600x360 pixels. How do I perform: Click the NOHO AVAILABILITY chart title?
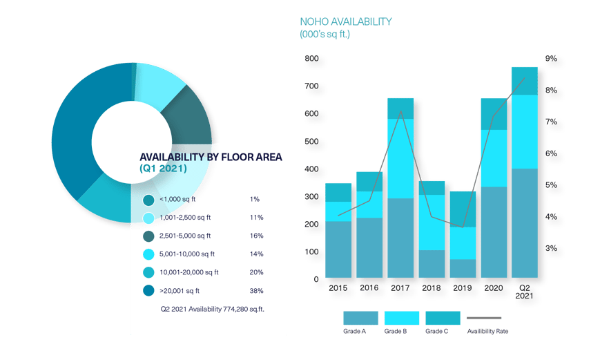[346, 21]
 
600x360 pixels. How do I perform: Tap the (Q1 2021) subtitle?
[163, 169]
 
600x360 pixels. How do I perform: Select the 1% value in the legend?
[253, 199]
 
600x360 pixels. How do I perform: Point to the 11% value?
[256, 218]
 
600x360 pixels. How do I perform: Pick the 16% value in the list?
[256, 236]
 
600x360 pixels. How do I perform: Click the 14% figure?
[256, 254]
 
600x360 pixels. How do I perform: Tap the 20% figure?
[256, 272]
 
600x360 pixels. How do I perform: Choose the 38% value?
[256, 291]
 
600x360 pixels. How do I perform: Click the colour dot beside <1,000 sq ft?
[148, 200]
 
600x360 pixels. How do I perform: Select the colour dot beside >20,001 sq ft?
[148, 291]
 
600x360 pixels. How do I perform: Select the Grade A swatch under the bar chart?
[360, 318]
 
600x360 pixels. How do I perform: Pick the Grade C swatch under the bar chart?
[443, 318]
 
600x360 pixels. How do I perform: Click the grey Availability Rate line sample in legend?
[487, 318]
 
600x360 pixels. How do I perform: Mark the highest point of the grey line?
[524, 79]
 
